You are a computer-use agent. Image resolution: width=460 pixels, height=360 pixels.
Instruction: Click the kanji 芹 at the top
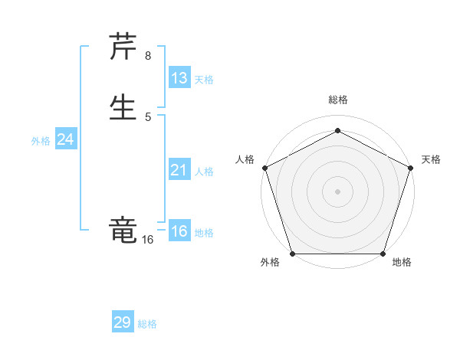click(x=123, y=47)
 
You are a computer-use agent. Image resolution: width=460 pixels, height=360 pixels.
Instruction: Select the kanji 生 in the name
click(x=123, y=108)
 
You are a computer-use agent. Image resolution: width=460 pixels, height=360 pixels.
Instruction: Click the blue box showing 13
click(x=179, y=78)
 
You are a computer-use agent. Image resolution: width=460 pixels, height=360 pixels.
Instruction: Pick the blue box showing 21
click(x=179, y=170)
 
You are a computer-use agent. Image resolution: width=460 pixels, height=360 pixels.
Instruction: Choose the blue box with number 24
click(x=66, y=139)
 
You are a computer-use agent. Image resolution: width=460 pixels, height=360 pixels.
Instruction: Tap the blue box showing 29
click(x=123, y=322)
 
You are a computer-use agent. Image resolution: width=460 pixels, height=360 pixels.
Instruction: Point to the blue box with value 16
click(x=179, y=231)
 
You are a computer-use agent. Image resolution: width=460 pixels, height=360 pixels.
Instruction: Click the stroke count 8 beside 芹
click(x=148, y=56)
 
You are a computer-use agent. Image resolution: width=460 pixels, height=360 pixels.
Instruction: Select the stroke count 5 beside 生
click(x=148, y=117)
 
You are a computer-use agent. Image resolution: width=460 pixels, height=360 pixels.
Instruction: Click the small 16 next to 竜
click(x=147, y=240)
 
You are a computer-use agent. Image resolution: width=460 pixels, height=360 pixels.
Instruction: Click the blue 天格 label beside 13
click(x=204, y=80)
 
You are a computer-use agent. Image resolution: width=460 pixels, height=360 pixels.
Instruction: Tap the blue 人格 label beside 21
click(x=204, y=172)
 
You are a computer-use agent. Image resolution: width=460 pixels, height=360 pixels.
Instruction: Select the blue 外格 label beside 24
click(x=41, y=141)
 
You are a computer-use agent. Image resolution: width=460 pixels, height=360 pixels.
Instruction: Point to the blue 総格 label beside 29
click(x=147, y=324)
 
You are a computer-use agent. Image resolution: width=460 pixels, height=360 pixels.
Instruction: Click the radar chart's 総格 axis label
click(x=337, y=100)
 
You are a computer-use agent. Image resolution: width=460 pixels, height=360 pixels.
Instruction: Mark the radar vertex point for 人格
click(x=264, y=168)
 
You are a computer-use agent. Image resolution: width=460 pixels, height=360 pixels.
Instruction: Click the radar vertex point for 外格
click(x=292, y=254)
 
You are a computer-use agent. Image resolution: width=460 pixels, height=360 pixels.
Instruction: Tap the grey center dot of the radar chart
click(x=337, y=191)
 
